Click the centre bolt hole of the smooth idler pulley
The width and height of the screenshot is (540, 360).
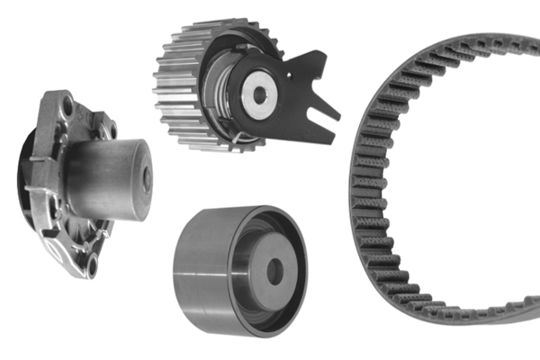(x=274, y=271)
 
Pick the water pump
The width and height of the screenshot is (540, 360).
(x=81, y=180)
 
